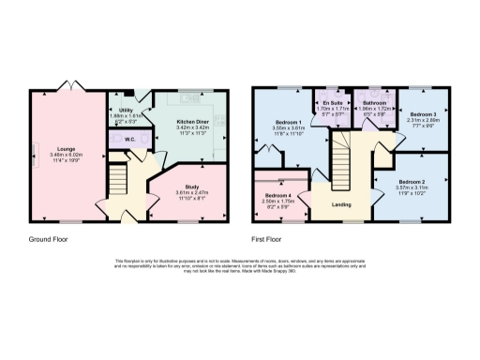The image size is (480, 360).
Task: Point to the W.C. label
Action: tap(131, 141)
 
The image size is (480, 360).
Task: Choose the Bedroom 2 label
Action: tap(412, 181)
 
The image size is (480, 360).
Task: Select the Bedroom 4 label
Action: tap(277, 193)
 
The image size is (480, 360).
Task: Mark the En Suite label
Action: tap(332, 101)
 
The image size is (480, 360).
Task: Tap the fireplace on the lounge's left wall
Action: tap(36, 154)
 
